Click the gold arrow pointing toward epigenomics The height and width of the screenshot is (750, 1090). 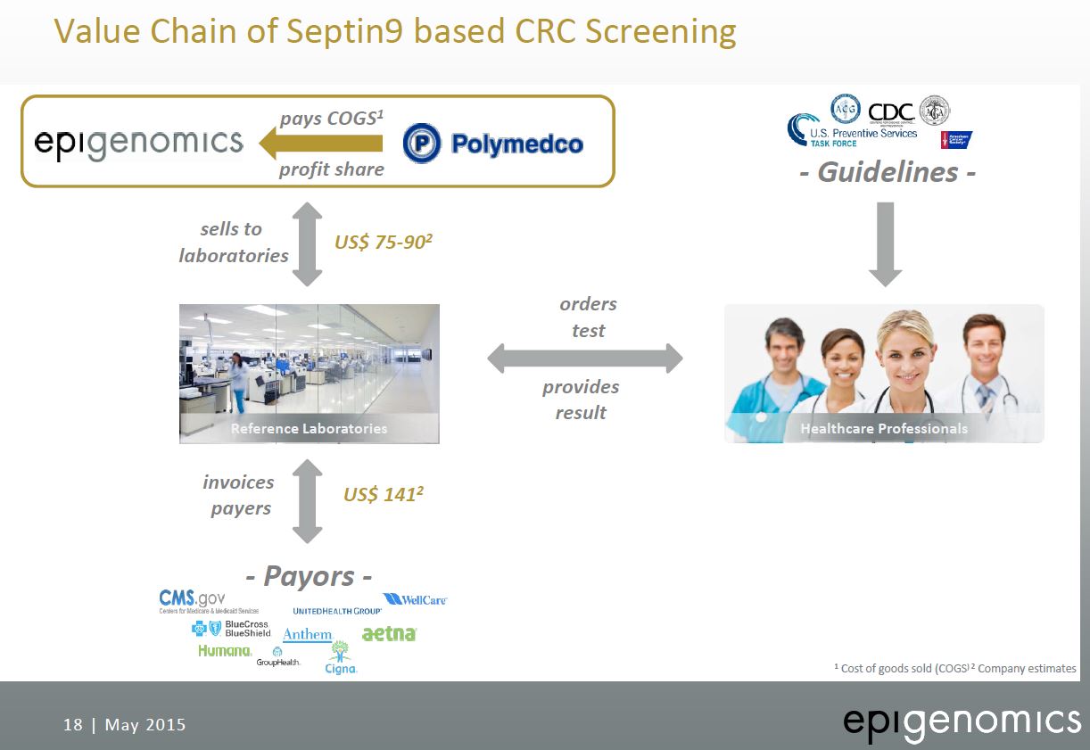(x=320, y=143)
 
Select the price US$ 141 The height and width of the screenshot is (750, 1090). (x=383, y=494)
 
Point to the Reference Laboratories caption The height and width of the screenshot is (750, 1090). (x=309, y=428)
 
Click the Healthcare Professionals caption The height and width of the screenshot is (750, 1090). (x=883, y=428)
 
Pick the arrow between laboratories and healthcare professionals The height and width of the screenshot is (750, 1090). (x=584, y=359)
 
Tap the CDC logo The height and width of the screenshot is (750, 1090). (x=891, y=111)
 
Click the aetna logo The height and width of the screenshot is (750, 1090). (x=389, y=633)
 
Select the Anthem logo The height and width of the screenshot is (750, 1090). (x=308, y=634)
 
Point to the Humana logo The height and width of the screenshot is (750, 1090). (x=225, y=650)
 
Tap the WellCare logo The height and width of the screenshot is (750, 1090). (x=415, y=600)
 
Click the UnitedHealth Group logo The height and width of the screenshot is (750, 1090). (x=337, y=611)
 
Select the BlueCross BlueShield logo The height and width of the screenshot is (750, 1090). (x=232, y=628)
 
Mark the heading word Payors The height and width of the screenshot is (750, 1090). (x=308, y=575)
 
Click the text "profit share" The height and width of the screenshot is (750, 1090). (x=331, y=169)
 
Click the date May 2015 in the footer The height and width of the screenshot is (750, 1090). (x=145, y=724)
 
